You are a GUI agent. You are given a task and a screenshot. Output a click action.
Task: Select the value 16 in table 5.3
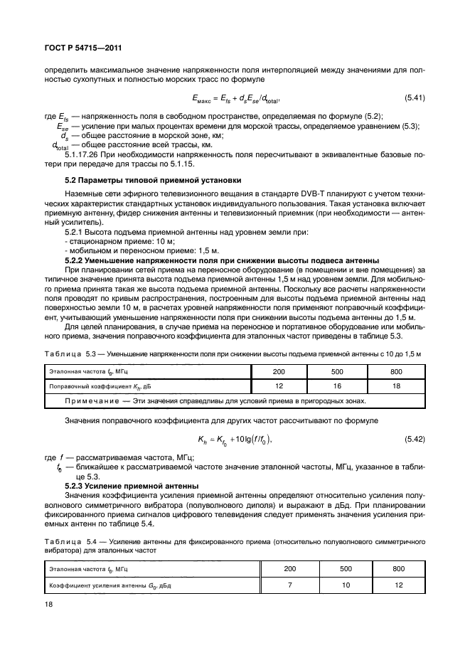(x=337, y=386)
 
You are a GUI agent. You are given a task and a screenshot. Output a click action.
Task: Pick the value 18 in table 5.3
(x=396, y=386)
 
